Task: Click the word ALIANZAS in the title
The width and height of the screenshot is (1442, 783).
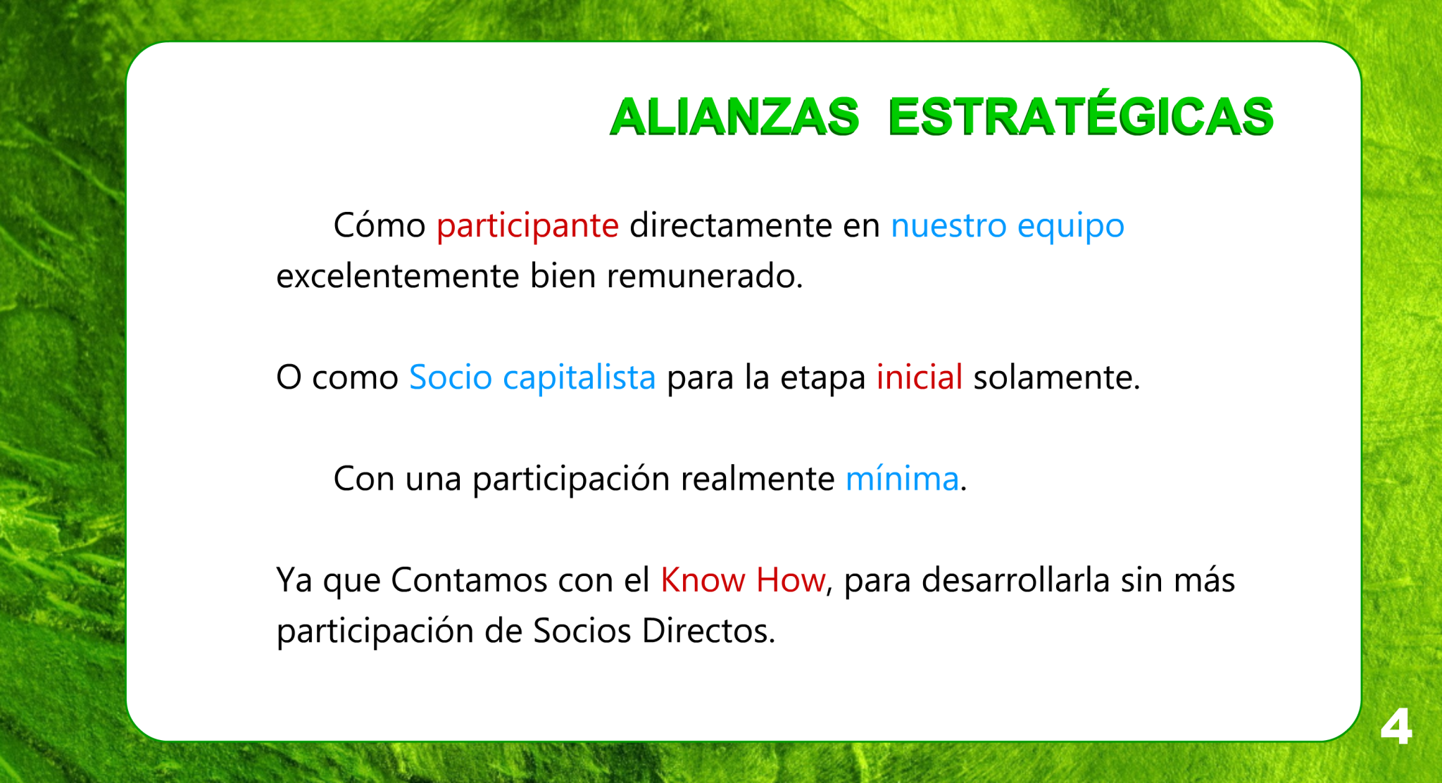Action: pyautogui.click(x=734, y=116)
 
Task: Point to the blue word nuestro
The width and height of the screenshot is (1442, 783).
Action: pyautogui.click(x=948, y=226)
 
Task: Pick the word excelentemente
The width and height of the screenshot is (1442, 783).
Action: pyautogui.click(x=398, y=275)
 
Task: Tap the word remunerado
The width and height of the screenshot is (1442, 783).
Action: pyautogui.click(x=705, y=275)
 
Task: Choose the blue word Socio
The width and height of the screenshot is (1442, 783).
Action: pyautogui.click(x=451, y=377)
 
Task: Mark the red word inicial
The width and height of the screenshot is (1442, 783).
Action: pyautogui.click(x=919, y=377)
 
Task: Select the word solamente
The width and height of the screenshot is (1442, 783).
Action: pyautogui.click(x=1056, y=377)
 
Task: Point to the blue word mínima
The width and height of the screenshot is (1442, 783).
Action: pyautogui.click(x=902, y=479)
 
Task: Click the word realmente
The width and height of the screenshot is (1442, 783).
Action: pyautogui.click(x=758, y=479)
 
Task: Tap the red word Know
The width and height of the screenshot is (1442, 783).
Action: pyautogui.click(x=703, y=580)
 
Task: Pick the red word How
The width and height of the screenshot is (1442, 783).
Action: pyautogui.click(x=790, y=580)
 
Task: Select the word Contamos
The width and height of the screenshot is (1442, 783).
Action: pyautogui.click(x=469, y=580)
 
